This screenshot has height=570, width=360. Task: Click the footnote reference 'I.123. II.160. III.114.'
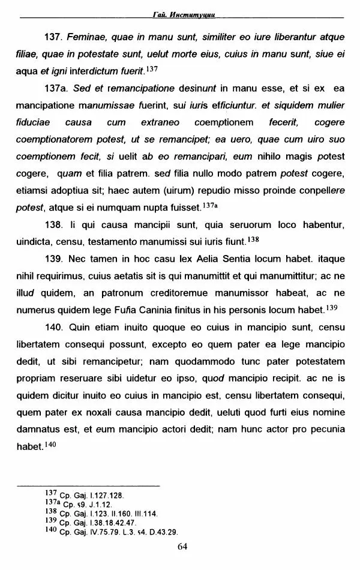115,514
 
